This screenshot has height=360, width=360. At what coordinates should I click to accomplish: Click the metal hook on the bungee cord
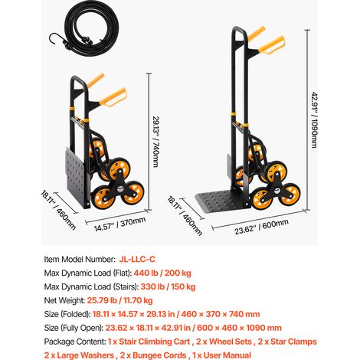pyautogui.click(x=54, y=39)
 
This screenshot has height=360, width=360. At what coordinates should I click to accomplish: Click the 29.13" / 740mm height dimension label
pyautogui.click(x=155, y=142)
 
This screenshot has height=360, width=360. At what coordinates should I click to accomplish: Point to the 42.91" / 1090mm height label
pyautogui.click(x=314, y=119)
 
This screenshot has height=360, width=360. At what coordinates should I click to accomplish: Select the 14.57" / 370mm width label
pyautogui.click(x=119, y=224)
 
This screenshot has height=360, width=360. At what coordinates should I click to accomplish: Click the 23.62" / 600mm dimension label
pyautogui.click(x=261, y=227)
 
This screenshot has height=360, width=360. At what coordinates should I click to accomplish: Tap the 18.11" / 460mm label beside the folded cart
pyautogui.click(x=58, y=210)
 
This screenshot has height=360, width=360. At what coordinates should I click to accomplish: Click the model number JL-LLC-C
pyautogui.click(x=137, y=259)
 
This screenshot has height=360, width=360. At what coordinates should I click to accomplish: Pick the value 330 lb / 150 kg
pyautogui.click(x=168, y=286)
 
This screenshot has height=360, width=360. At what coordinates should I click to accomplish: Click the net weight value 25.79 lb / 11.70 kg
pyautogui.click(x=120, y=300)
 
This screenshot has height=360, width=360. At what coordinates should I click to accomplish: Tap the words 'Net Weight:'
pyautogui.click(x=64, y=300)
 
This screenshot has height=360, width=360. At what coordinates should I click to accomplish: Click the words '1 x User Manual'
pyautogui.click(x=221, y=355)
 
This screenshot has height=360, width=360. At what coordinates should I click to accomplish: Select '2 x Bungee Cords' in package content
pyautogui.click(x=153, y=355)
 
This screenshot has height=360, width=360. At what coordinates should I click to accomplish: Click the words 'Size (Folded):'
pyautogui.click(x=67, y=314)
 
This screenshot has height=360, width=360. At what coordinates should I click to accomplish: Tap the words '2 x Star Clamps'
pyautogui.click(x=287, y=342)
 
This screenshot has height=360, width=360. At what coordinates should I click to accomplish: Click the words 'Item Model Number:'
pyautogui.click(x=80, y=259)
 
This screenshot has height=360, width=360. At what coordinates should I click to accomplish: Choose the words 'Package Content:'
pyautogui.click(x=75, y=342)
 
